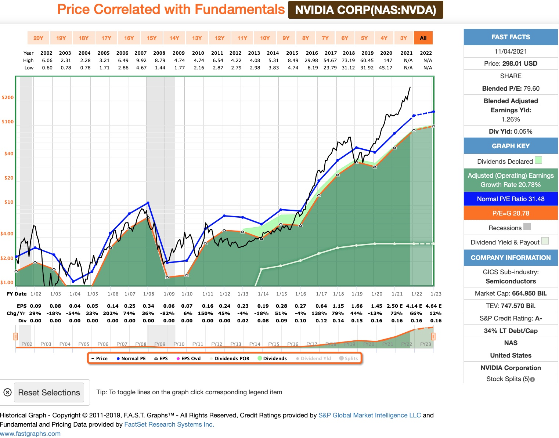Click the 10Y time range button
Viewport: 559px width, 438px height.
tap(265, 38)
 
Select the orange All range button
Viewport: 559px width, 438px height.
tap(423, 38)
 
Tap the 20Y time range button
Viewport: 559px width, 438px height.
tap(38, 38)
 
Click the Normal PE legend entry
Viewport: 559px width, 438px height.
tap(131, 358)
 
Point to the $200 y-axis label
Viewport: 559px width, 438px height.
tap(8, 98)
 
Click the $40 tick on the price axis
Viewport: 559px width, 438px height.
tap(9, 154)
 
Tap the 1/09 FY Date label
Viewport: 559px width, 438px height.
tap(169, 294)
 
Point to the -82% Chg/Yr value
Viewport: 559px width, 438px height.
tap(169, 313)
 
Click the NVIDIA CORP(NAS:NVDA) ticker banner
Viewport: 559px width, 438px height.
tap(365, 10)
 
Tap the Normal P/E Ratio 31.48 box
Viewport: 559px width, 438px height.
tap(511, 199)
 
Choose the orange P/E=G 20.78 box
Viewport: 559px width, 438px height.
tap(511, 213)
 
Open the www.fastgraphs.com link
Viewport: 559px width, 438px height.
tap(30, 434)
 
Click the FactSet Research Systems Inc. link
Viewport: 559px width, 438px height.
tap(169, 424)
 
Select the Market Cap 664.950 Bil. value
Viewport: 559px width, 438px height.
tap(511, 293)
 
